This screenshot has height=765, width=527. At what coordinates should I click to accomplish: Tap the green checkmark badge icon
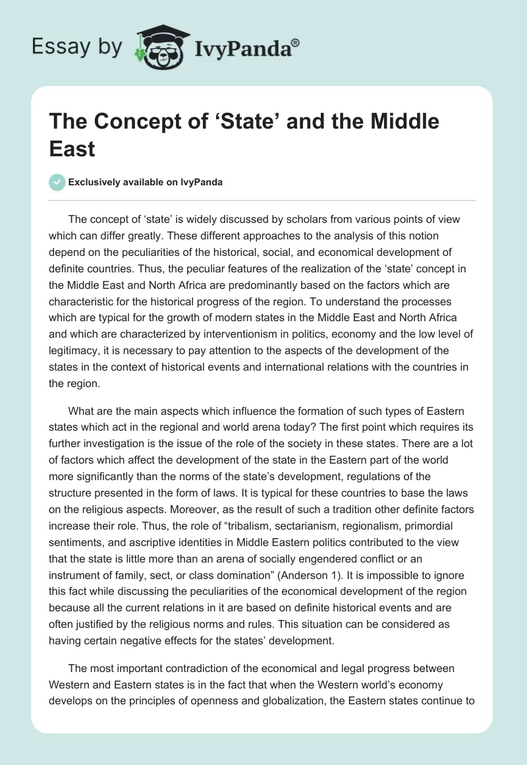pos(58,182)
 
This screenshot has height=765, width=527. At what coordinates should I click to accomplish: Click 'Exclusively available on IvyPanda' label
pos(146,183)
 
